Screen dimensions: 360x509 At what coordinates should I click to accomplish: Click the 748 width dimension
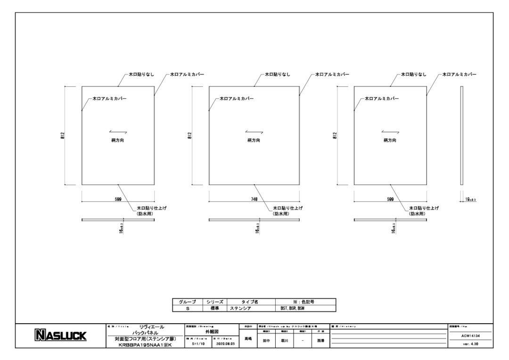254,199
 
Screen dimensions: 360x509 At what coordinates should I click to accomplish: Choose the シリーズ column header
214,301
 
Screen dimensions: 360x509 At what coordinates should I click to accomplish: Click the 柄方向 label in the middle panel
254,140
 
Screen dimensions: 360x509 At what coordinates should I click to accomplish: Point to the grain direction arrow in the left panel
117,132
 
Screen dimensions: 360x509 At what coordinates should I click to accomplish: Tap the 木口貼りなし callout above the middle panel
278,74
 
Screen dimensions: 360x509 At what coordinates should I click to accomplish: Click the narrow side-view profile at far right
462,136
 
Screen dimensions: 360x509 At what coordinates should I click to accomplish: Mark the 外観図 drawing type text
212,332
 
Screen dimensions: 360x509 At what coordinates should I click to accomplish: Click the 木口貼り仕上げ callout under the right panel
424,208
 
